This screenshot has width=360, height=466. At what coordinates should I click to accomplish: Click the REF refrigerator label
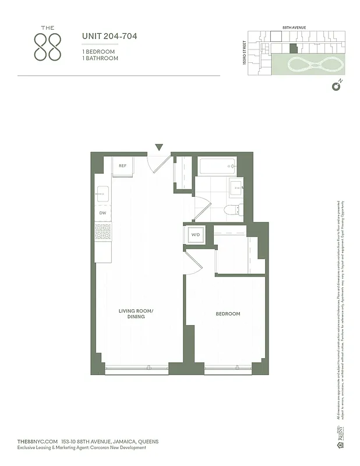pos(123,166)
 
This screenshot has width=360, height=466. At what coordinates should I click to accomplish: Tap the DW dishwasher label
pos(103,213)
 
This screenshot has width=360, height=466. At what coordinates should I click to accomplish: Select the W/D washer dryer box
pos(195,235)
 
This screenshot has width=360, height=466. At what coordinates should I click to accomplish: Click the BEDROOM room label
pos(228,314)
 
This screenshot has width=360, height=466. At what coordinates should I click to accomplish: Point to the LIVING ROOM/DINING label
pos(136,314)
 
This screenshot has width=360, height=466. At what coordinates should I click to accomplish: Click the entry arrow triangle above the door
pos(159,147)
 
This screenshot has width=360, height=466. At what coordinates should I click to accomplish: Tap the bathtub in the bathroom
pos(217,167)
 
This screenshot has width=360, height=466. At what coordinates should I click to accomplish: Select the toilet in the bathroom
pos(230,210)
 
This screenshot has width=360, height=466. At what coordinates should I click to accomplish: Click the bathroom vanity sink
pos(237,188)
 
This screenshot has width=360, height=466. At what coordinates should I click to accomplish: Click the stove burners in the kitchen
pos(103,232)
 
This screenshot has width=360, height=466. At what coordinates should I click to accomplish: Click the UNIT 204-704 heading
pos(110,37)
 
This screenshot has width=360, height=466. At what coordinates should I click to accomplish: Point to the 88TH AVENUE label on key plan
pos(294,27)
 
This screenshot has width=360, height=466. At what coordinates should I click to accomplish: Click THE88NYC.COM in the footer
pos(38,442)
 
